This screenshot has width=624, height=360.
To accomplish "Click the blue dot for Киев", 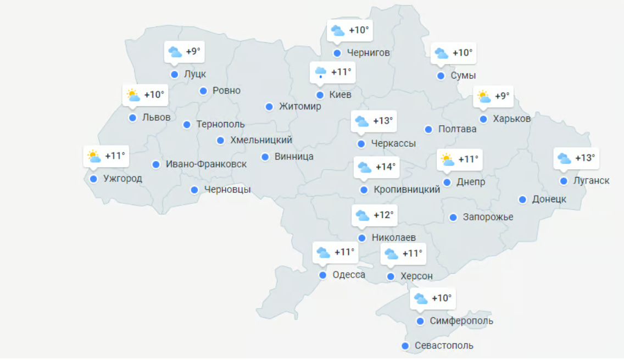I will [320, 95].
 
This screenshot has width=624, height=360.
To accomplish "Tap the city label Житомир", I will [300, 107].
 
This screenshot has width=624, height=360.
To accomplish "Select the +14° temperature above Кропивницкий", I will [386, 167].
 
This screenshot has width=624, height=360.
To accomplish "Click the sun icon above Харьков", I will [483, 97].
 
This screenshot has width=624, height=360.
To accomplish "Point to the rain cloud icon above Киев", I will [320, 72].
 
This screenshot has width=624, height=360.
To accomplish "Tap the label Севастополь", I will [444, 346].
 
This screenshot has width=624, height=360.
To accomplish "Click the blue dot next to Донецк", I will [522, 200].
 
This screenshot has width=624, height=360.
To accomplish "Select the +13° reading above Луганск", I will [585, 158].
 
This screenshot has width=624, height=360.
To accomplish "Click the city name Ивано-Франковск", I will [206, 164].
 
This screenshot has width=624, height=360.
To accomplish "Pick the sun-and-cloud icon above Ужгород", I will [93, 156].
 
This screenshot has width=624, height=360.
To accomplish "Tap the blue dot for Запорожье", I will [453, 218].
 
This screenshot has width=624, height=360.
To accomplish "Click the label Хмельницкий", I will [261, 140].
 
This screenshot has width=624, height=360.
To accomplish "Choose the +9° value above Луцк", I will [193, 52].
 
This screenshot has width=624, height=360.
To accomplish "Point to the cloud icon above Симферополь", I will [420, 298].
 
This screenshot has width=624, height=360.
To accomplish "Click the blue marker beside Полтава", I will [428, 130].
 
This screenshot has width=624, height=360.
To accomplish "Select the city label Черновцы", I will [227, 190].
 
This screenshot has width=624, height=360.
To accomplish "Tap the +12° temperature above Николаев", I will [384, 215].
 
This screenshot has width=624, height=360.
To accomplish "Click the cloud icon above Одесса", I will [323, 253].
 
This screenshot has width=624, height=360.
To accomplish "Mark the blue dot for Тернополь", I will [187, 125].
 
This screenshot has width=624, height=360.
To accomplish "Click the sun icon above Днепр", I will [447, 160].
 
